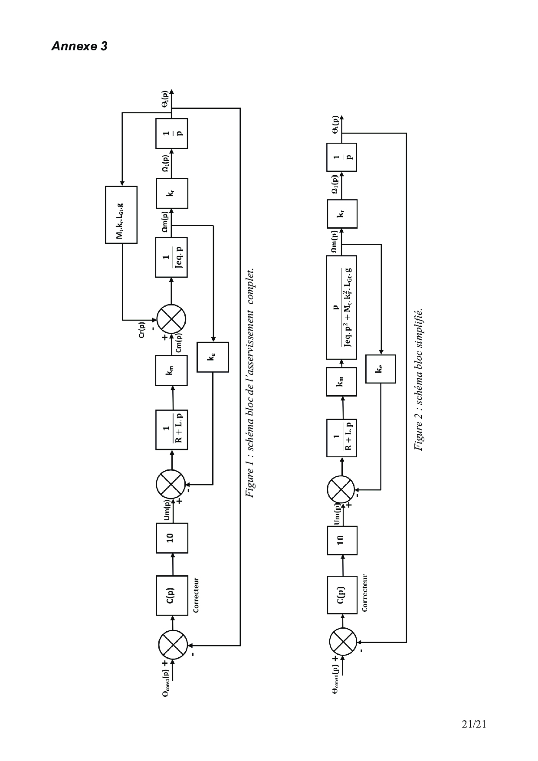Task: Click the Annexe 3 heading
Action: click(x=79, y=46)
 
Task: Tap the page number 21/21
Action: click(x=474, y=724)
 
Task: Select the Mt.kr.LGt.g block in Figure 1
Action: click(x=121, y=215)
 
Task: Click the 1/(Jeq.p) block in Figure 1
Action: click(x=171, y=257)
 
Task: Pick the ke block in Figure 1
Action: click(x=213, y=357)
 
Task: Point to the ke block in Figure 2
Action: click(x=381, y=369)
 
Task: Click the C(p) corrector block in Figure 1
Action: click(x=172, y=595)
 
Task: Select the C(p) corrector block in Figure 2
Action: click(x=342, y=595)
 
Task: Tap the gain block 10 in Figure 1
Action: click(x=172, y=538)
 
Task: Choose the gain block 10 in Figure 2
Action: click(x=342, y=540)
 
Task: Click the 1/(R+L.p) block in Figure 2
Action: click(x=341, y=437)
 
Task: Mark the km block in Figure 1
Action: click(x=171, y=370)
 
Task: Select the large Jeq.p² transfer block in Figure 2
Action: click(x=341, y=307)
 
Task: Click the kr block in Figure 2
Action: click(x=342, y=213)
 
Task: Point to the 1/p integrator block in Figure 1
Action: click(x=172, y=133)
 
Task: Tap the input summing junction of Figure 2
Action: click(x=343, y=642)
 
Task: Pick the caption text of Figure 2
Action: click(x=419, y=380)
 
